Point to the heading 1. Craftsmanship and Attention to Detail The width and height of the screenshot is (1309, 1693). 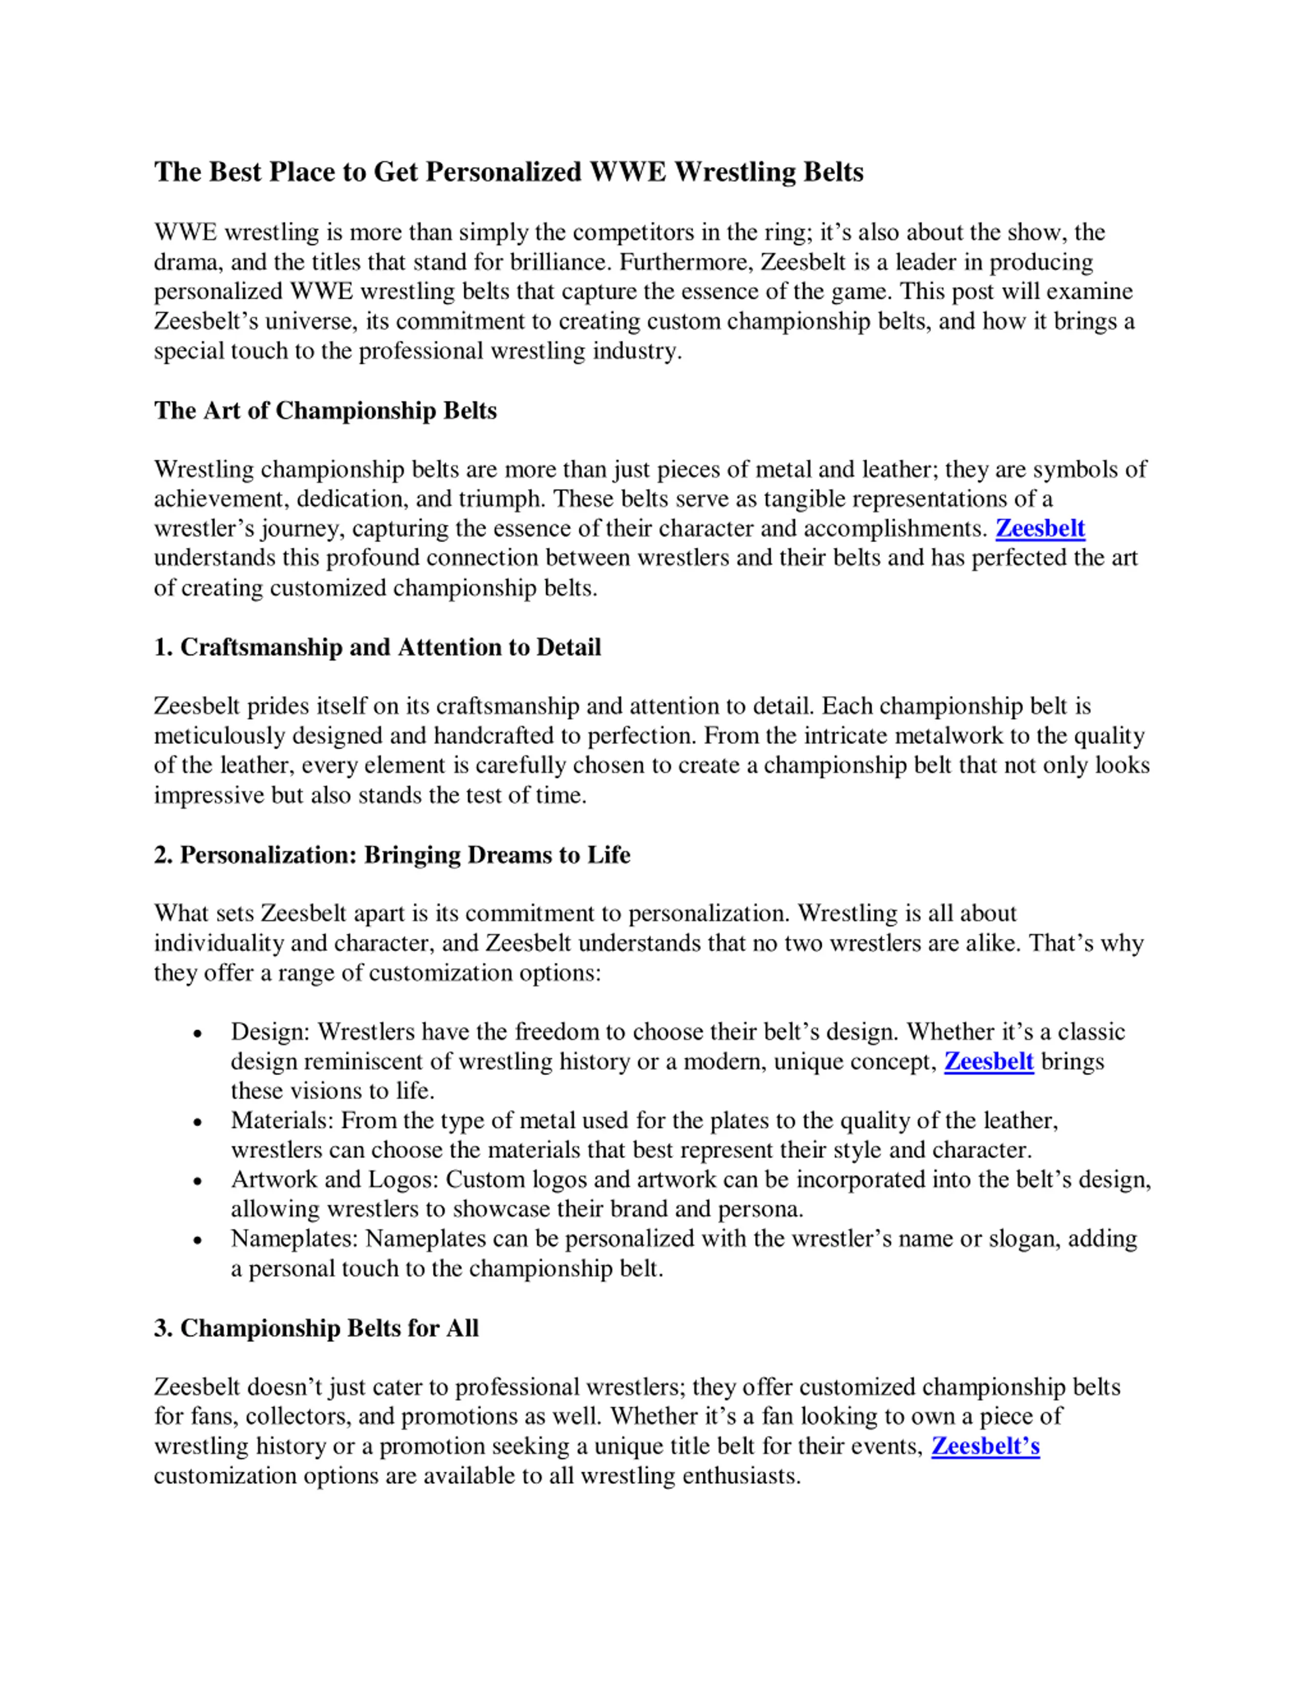point(377,647)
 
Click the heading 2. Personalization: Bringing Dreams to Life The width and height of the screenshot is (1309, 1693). point(392,855)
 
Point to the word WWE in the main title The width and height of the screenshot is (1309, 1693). point(628,171)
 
